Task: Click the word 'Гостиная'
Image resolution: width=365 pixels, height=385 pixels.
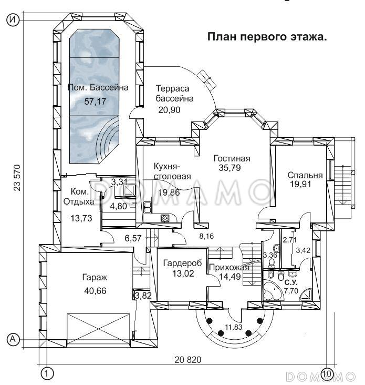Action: tap(231, 158)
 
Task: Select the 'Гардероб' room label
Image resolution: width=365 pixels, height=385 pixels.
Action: tap(180, 262)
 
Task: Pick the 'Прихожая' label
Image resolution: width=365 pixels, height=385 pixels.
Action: tap(225, 267)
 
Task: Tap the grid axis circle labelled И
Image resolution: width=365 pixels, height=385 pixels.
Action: tap(13, 20)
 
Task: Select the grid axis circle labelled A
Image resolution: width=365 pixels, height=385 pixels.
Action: tap(13, 340)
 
